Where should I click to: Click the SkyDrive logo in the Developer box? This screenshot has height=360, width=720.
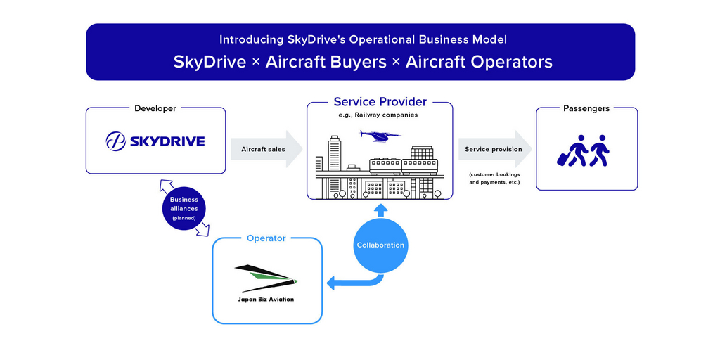coord(155,141)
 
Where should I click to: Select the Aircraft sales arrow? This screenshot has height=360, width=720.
coord(266,149)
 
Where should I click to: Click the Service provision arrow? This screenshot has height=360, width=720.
coord(495,149)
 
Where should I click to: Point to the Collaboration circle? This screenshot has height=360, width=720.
coord(380,245)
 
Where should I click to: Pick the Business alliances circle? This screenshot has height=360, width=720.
coord(184,208)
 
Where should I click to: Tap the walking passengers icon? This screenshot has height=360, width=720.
coord(583,150)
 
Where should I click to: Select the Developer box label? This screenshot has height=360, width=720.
coord(155,108)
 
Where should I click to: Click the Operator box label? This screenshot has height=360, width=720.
coord(266,238)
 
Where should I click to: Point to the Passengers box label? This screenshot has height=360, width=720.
coord(586,108)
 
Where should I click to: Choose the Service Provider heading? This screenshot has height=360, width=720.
coord(380,101)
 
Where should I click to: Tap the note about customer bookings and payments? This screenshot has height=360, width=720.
coord(494,179)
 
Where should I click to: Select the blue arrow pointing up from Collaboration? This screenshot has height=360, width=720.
coord(380,210)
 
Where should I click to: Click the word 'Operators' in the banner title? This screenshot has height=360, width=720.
coord(508,62)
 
